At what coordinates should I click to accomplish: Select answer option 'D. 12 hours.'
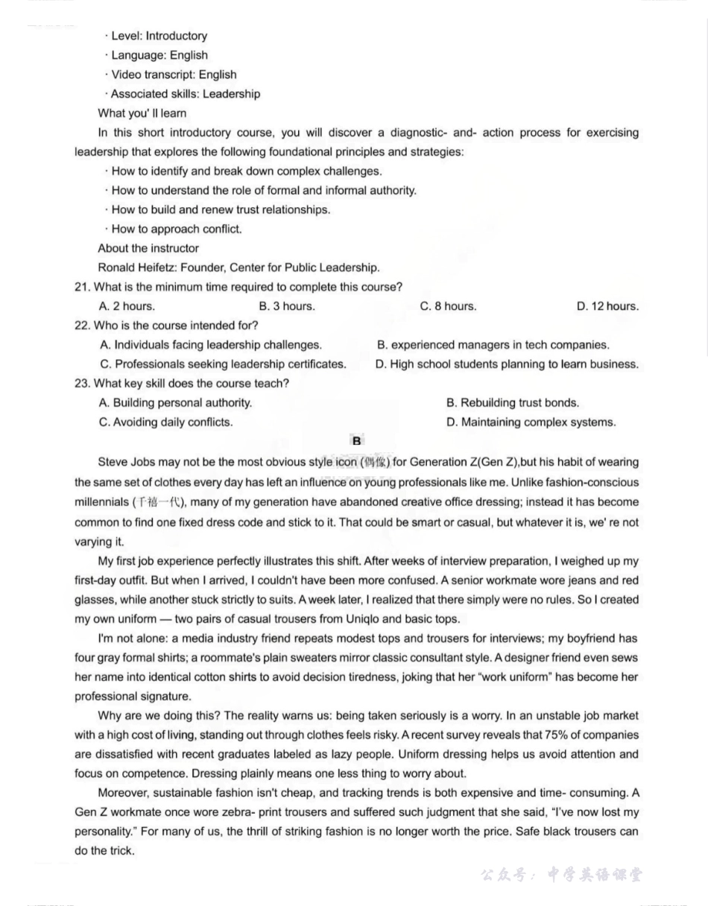607,306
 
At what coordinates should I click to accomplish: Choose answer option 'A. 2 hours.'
127,306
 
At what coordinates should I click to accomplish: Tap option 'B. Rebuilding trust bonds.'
512,403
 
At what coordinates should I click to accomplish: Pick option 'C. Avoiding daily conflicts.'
165,422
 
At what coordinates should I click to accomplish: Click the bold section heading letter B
357,441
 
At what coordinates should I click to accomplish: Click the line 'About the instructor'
148,248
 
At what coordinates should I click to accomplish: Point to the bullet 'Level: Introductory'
158,36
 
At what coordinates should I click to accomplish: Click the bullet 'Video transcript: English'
173,75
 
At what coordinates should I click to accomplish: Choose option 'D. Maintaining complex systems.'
531,422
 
